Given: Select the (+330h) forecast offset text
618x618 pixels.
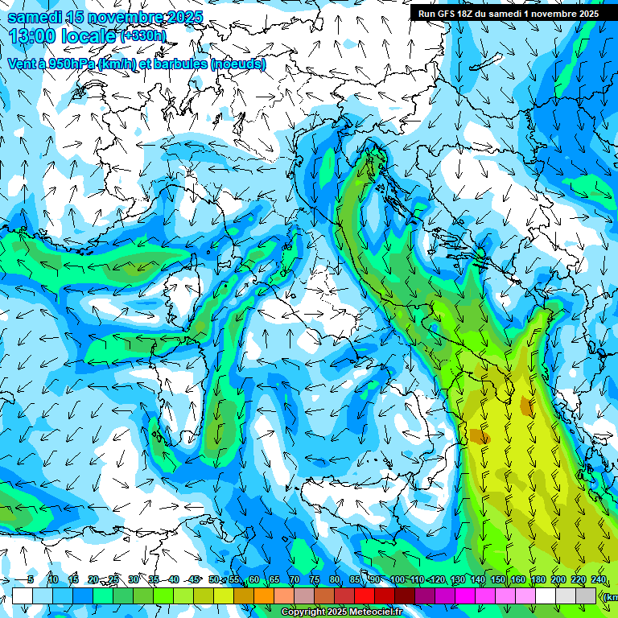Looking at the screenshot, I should (143, 36).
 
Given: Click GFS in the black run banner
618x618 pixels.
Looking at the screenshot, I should (451, 14).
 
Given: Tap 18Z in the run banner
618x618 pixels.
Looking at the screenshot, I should (475, 14).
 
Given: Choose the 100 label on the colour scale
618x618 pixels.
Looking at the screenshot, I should (398, 579).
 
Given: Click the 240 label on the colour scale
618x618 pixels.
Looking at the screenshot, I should (598, 579).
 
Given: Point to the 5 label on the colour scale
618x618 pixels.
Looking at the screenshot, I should (31, 579).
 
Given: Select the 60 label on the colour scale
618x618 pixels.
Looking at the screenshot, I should (253, 579).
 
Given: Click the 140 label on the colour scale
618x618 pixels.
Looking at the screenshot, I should (478, 579).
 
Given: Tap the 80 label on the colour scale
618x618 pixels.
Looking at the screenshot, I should (335, 579).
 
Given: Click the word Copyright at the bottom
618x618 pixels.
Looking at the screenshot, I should (302, 612).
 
